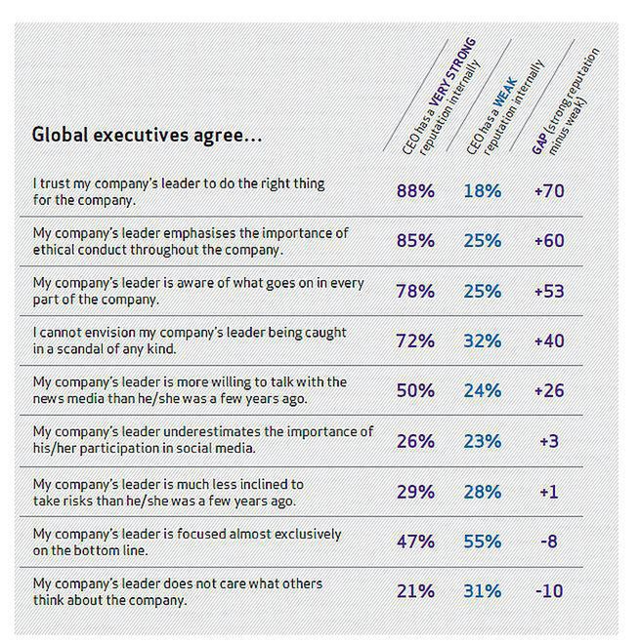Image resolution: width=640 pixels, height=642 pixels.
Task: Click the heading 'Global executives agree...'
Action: click(147, 135)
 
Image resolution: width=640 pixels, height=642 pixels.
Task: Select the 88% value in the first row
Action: click(416, 190)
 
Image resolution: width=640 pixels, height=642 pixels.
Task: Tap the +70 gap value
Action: click(548, 190)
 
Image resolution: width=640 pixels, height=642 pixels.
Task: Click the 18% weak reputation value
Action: click(482, 190)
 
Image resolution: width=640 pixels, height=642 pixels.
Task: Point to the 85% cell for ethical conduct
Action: click(416, 240)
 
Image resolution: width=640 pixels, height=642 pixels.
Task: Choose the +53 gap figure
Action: click(548, 291)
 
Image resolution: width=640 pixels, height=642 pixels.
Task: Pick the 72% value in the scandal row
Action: click(416, 341)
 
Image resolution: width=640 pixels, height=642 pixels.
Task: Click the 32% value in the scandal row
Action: click(482, 341)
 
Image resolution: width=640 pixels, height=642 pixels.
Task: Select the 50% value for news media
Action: click(416, 391)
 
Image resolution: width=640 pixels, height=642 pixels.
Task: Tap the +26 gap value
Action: click(548, 391)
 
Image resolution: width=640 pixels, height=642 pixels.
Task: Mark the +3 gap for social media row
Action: click(548, 441)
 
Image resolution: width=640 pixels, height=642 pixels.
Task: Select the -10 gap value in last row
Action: click(548, 592)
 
